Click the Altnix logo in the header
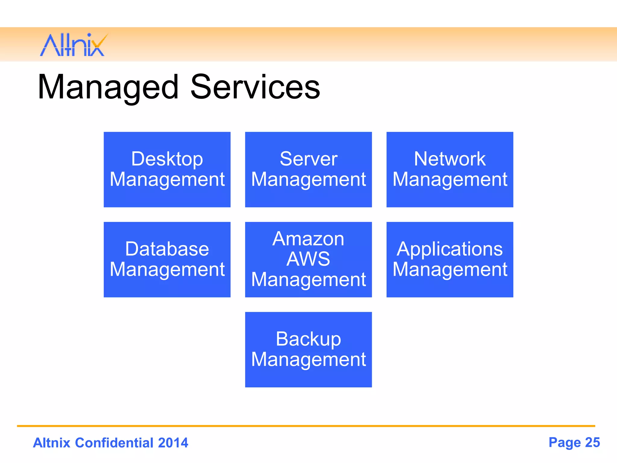[73, 45]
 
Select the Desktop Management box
[167, 169]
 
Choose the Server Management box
[308, 169]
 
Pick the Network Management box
[449, 169]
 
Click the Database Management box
[167, 260]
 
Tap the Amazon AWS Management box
[308, 260]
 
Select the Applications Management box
[449, 260]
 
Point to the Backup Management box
[308, 349]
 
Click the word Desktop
[167, 159]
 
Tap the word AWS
[308, 259]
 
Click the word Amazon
[308, 239]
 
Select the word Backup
[308, 339]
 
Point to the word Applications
[449, 250]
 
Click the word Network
[449, 159]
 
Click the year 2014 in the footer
[173, 443]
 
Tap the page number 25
[592, 443]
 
